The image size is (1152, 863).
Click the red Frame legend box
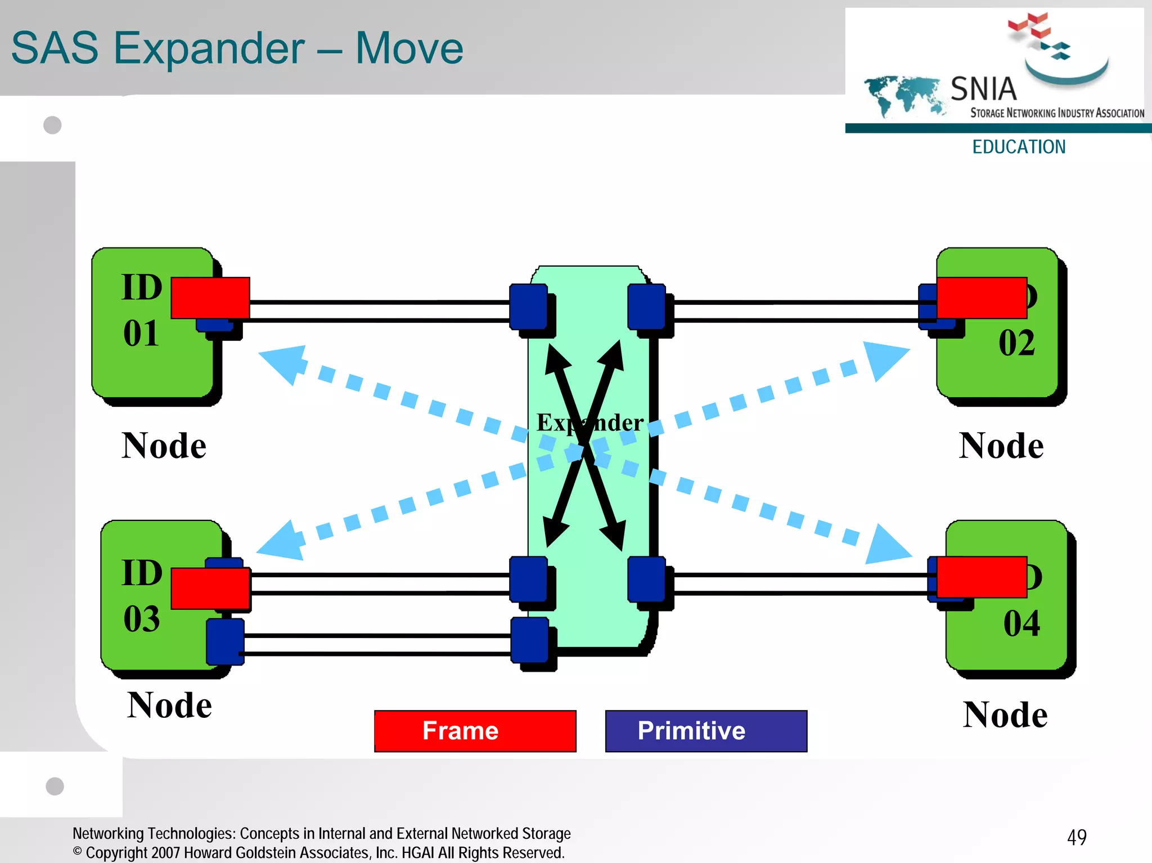pyautogui.click(x=475, y=731)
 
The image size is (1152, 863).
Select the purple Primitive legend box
pyautogui.click(x=706, y=731)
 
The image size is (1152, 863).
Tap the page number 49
pyautogui.click(x=1077, y=837)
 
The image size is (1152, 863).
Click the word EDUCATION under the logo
pyautogui.click(x=1019, y=147)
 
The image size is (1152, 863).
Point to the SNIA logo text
pyautogui.click(x=984, y=89)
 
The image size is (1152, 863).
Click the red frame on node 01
pyautogui.click(x=210, y=298)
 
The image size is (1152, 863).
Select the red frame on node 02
pyautogui.click(x=982, y=298)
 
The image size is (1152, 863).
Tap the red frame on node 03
pyautogui.click(x=210, y=588)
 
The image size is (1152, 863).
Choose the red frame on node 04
pyautogui.click(x=982, y=577)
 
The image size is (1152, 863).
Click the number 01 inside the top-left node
pyautogui.click(x=141, y=333)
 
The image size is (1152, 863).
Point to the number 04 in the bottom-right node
pyautogui.click(x=1021, y=623)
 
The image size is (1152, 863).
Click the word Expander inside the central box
pyautogui.click(x=589, y=422)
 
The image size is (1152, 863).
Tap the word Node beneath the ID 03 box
pyautogui.click(x=169, y=705)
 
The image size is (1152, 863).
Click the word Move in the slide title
pyautogui.click(x=409, y=48)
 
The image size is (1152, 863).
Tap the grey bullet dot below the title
pyautogui.click(x=52, y=125)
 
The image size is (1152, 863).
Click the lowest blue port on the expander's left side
pyautogui.click(x=530, y=640)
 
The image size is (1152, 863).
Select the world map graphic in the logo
pyautogui.click(x=903, y=95)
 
